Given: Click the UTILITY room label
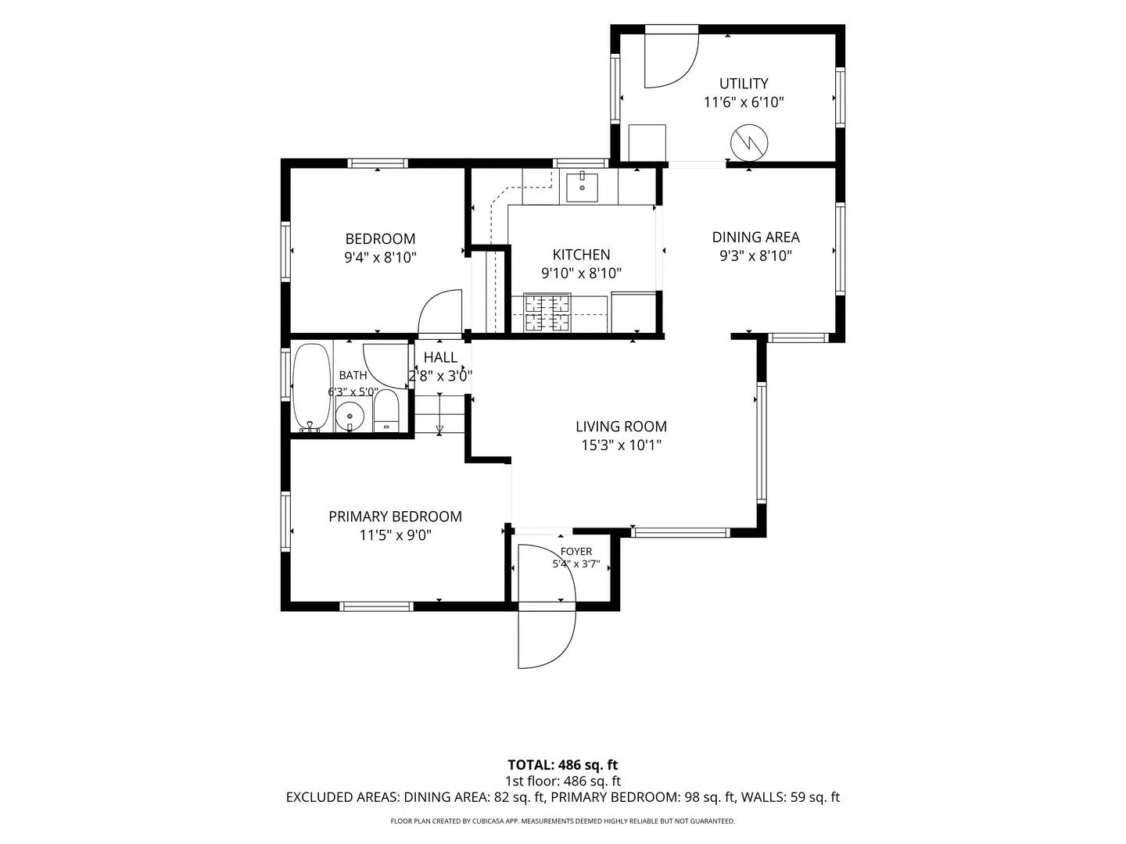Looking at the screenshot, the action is point(744,84).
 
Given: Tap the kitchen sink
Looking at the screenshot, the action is point(582,188).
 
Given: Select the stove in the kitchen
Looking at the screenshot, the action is point(547,313).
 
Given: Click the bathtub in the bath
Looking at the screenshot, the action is point(311,388).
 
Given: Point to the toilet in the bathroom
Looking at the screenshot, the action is point(385,410).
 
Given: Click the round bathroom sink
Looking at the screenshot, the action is point(350,417).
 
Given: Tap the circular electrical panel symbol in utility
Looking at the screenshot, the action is point(749,143).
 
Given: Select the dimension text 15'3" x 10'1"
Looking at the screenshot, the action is point(621,445).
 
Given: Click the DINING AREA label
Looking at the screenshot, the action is point(755,238).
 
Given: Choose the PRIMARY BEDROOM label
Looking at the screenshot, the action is point(395,517).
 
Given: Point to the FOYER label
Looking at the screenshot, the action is point(576,552).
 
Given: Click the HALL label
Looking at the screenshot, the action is point(440,357).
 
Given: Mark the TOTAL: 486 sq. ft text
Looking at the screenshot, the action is point(563,765).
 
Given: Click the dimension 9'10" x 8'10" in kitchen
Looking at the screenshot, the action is point(581,274).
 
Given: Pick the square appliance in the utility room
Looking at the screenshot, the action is point(647,143).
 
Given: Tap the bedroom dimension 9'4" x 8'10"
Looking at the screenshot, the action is point(380,257).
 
